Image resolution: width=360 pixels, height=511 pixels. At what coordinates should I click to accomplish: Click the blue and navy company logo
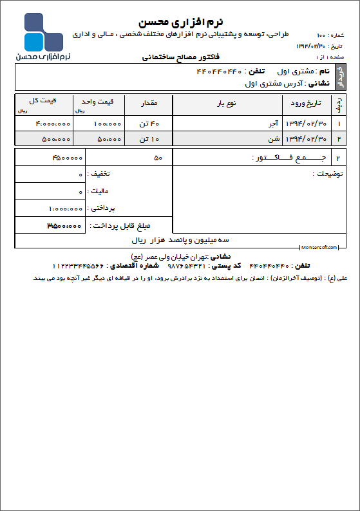click(x=44, y=32)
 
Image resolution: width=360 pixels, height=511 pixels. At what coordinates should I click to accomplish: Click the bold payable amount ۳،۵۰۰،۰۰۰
click(x=64, y=226)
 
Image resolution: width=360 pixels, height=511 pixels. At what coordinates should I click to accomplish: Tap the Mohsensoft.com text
click(x=319, y=246)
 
